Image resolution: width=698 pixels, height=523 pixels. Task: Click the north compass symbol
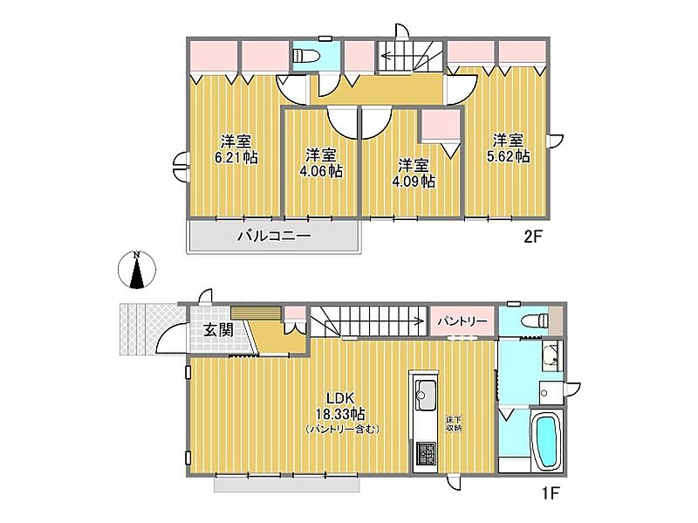pos(137,270)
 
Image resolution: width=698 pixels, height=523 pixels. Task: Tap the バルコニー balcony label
pos(274,235)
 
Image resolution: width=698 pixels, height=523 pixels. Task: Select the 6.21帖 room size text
pos(236,157)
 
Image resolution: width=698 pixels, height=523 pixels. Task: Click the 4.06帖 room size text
pos(321,171)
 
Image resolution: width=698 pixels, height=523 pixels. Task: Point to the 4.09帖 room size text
pos(414,181)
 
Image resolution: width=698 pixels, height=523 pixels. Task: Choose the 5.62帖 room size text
pos(508,156)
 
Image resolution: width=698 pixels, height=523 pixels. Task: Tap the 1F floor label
pos(551,493)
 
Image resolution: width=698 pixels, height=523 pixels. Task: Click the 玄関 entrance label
pos(218,330)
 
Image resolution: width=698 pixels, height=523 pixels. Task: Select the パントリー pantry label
pos(462,320)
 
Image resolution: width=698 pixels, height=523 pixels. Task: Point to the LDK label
pos(340,397)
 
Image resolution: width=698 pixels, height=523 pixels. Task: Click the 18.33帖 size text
pos(340,414)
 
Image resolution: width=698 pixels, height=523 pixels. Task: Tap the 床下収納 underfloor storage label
pos(454,423)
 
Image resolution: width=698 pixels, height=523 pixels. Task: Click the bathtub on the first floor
pos(548,441)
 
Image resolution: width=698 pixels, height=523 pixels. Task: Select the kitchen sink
pos(425,394)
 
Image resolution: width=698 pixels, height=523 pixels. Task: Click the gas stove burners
pos(425,453)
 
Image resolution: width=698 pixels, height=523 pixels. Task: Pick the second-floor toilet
pos(307,56)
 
